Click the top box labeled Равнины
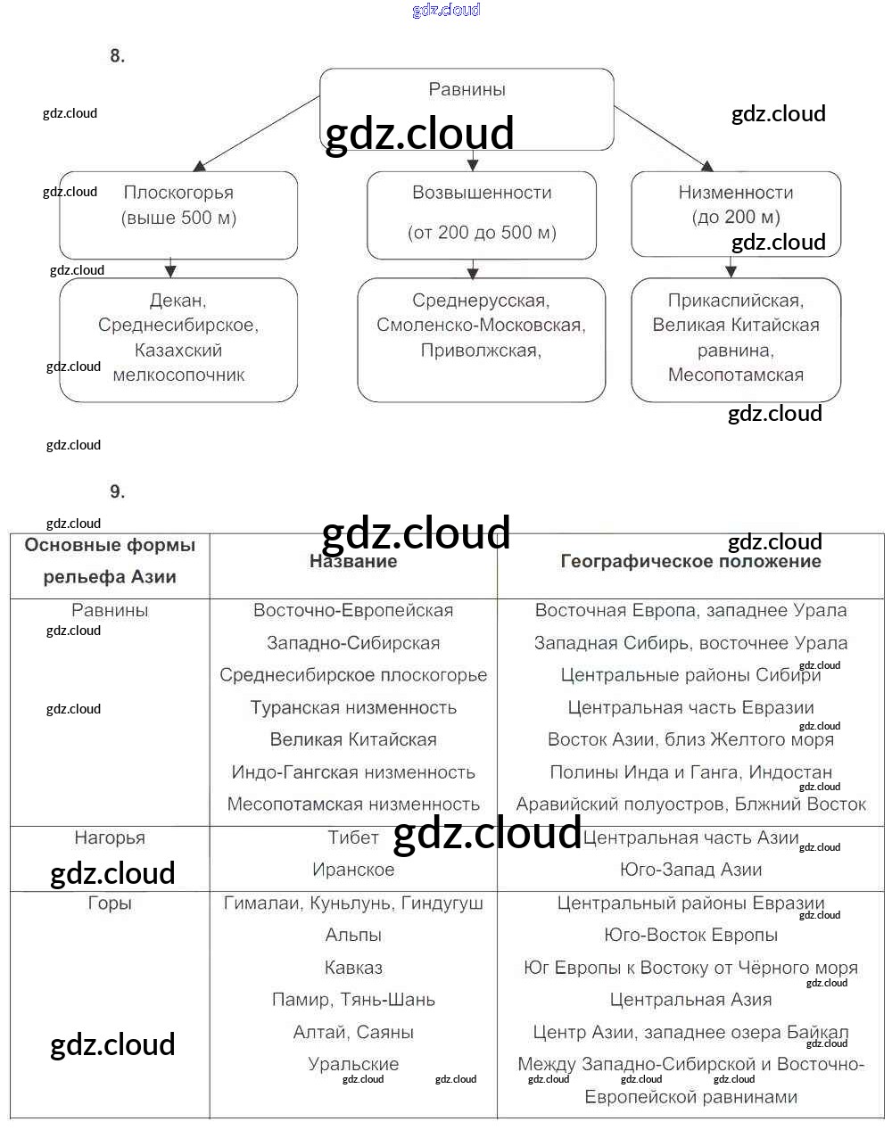pos(467,90)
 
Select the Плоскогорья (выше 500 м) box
pos(178,214)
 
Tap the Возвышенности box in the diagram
pos(482,214)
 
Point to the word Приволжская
pos(481,351)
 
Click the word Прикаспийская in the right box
pos(736,301)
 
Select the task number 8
pos(118,56)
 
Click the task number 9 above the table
pos(118,492)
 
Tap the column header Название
pos(353,562)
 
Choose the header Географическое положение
pos(690,562)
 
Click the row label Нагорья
pos(110,838)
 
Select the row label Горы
pos(110,903)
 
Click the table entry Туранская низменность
pos(353,708)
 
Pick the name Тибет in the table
pos(353,838)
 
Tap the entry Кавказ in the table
pos(353,968)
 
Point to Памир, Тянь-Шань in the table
pos(353,1000)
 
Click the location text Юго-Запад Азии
pos(690,870)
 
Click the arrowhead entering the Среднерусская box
pos(473,273)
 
